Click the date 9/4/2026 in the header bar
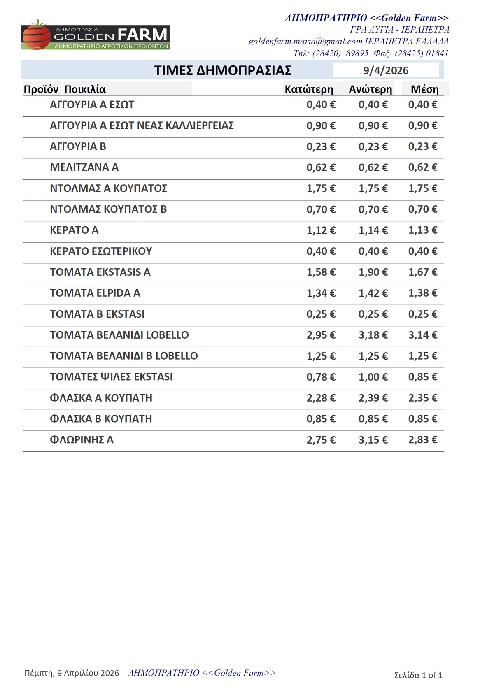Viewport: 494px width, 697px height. pyautogui.click(x=386, y=70)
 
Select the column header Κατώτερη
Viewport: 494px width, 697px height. pyautogui.click(x=309, y=89)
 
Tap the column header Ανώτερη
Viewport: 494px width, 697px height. pyautogui.click(x=370, y=89)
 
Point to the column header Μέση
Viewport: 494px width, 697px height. pyautogui.click(x=424, y=89)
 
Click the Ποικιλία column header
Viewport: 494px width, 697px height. pyautogui.click(x=85, y=89)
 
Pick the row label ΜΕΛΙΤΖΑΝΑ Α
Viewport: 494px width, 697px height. pyautogui.click(x=84, y=167)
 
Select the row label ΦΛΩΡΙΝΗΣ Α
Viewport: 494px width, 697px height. pyautogui.click(x=82, y=440)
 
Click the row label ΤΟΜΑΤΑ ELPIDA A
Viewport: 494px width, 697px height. pyautogui.click(x=95, y=293)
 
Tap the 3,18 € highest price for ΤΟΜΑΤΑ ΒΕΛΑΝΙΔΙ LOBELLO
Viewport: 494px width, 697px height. pyautogui.click(x=373, y=335)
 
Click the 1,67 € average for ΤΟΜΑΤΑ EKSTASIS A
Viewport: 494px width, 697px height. pyautogui.click(x=423, y=272)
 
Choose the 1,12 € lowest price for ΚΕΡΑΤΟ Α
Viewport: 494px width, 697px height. pyautogui.click(x=321, y=230)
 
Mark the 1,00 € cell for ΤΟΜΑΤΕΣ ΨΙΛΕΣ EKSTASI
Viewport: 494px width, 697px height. pyautogui.click(x=373, y=377)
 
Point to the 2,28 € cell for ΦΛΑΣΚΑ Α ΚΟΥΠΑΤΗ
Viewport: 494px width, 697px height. pyautogui.click(x=321, y=398)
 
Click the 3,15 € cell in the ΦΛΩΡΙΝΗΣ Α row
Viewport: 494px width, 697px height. pyautogui.click(x=373, y=440)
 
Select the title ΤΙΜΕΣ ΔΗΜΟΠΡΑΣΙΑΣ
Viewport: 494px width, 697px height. pyautogui.click(x=223, y=70)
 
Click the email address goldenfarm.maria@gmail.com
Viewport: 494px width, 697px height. pyautogui.click(x=305, y=42)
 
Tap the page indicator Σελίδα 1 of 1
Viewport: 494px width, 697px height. pyautogui.click(x=418, y=675)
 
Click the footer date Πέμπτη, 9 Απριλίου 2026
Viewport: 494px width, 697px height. pyautogui.click(x=72, y=673)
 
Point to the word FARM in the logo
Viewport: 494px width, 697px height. pyautogui.click(x=142, y=35)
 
